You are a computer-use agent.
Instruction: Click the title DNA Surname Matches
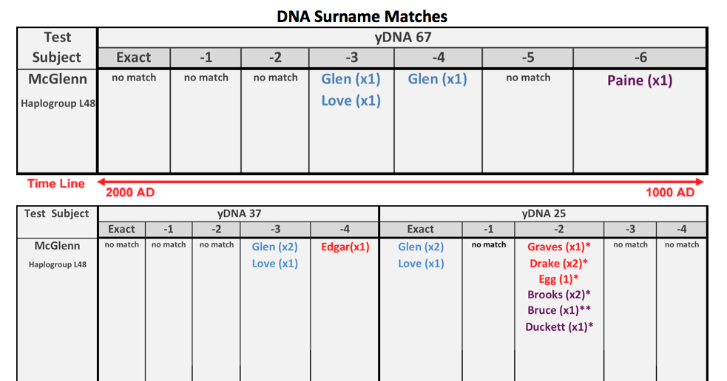tap(362, 15)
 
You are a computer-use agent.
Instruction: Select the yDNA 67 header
tap(402, 37)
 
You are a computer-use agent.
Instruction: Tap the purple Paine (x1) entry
tap(640, 80)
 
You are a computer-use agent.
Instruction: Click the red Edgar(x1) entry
tap(344, 247)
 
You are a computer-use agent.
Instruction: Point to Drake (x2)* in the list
tap(558, 264)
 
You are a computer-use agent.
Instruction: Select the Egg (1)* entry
tap(558, 279)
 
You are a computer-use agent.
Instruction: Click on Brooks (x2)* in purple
tap(558, 295)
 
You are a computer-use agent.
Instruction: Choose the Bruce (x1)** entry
tap(558, 310)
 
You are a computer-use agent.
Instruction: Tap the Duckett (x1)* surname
tap(558, 326)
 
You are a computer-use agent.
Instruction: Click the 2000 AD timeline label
tap(130, 192)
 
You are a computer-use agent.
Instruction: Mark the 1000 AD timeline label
tap(670, 192)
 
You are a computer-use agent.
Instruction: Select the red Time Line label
tap(56, 183)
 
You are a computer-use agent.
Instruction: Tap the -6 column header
tap(640, 57)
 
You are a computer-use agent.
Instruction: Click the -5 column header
tap(527, 57)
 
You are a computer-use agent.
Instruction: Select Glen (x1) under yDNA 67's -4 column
tap(437, 79)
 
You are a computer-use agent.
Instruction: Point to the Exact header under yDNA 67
tap(133, 57)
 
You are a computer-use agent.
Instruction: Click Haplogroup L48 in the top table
tap(58, 103)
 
